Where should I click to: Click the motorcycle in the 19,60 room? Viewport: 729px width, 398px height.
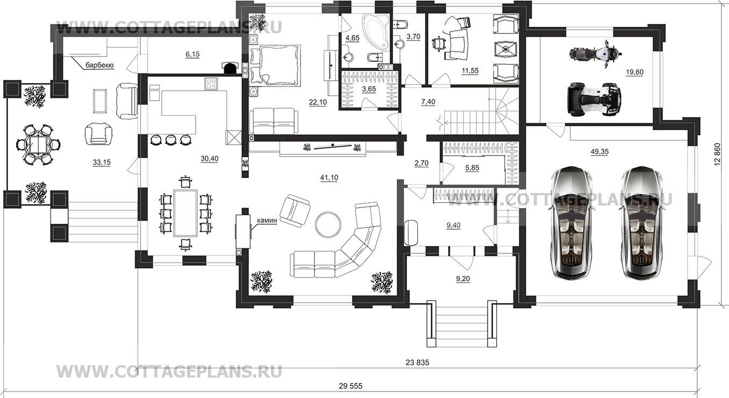pyautogui.click(x=596, y=54)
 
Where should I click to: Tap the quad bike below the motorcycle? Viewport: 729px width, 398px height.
pyautogui.click(x=594, y=99)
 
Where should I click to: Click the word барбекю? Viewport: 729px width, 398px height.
pyautogui.click(x=99, y=65)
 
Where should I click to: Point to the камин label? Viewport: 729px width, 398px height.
pyautogui.click(x=267, y=221)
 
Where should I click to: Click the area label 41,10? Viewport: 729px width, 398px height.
pyautogui.click(x=329, y=177)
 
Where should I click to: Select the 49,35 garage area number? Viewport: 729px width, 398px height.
pyautogui.click(x=599, y=152)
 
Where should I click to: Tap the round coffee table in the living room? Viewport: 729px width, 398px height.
pyautogui.click(x=328, y=224)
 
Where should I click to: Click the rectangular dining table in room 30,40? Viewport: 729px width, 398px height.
pyautogui.click(x=185, y=213)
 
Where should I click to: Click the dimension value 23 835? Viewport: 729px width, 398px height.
pyautogui.click(x=418, y=363)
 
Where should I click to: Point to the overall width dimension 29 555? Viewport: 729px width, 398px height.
pyautogui.click(x=351, y=386)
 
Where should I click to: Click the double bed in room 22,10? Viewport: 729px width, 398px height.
pyautogui.click(x=274, y=65)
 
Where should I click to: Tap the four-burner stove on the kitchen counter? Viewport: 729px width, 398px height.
pyautogui.click(x=211, y=84)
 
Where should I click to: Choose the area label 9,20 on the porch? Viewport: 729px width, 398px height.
pyautogui.click(x=463, y=279)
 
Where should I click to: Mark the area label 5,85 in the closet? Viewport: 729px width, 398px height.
pyautogui.click(x=472, y=168)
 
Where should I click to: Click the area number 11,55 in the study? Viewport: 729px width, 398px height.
pyautogui.click(x=470, y=70)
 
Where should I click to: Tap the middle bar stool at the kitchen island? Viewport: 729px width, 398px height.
pyautogui.click(x=170, y=140)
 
